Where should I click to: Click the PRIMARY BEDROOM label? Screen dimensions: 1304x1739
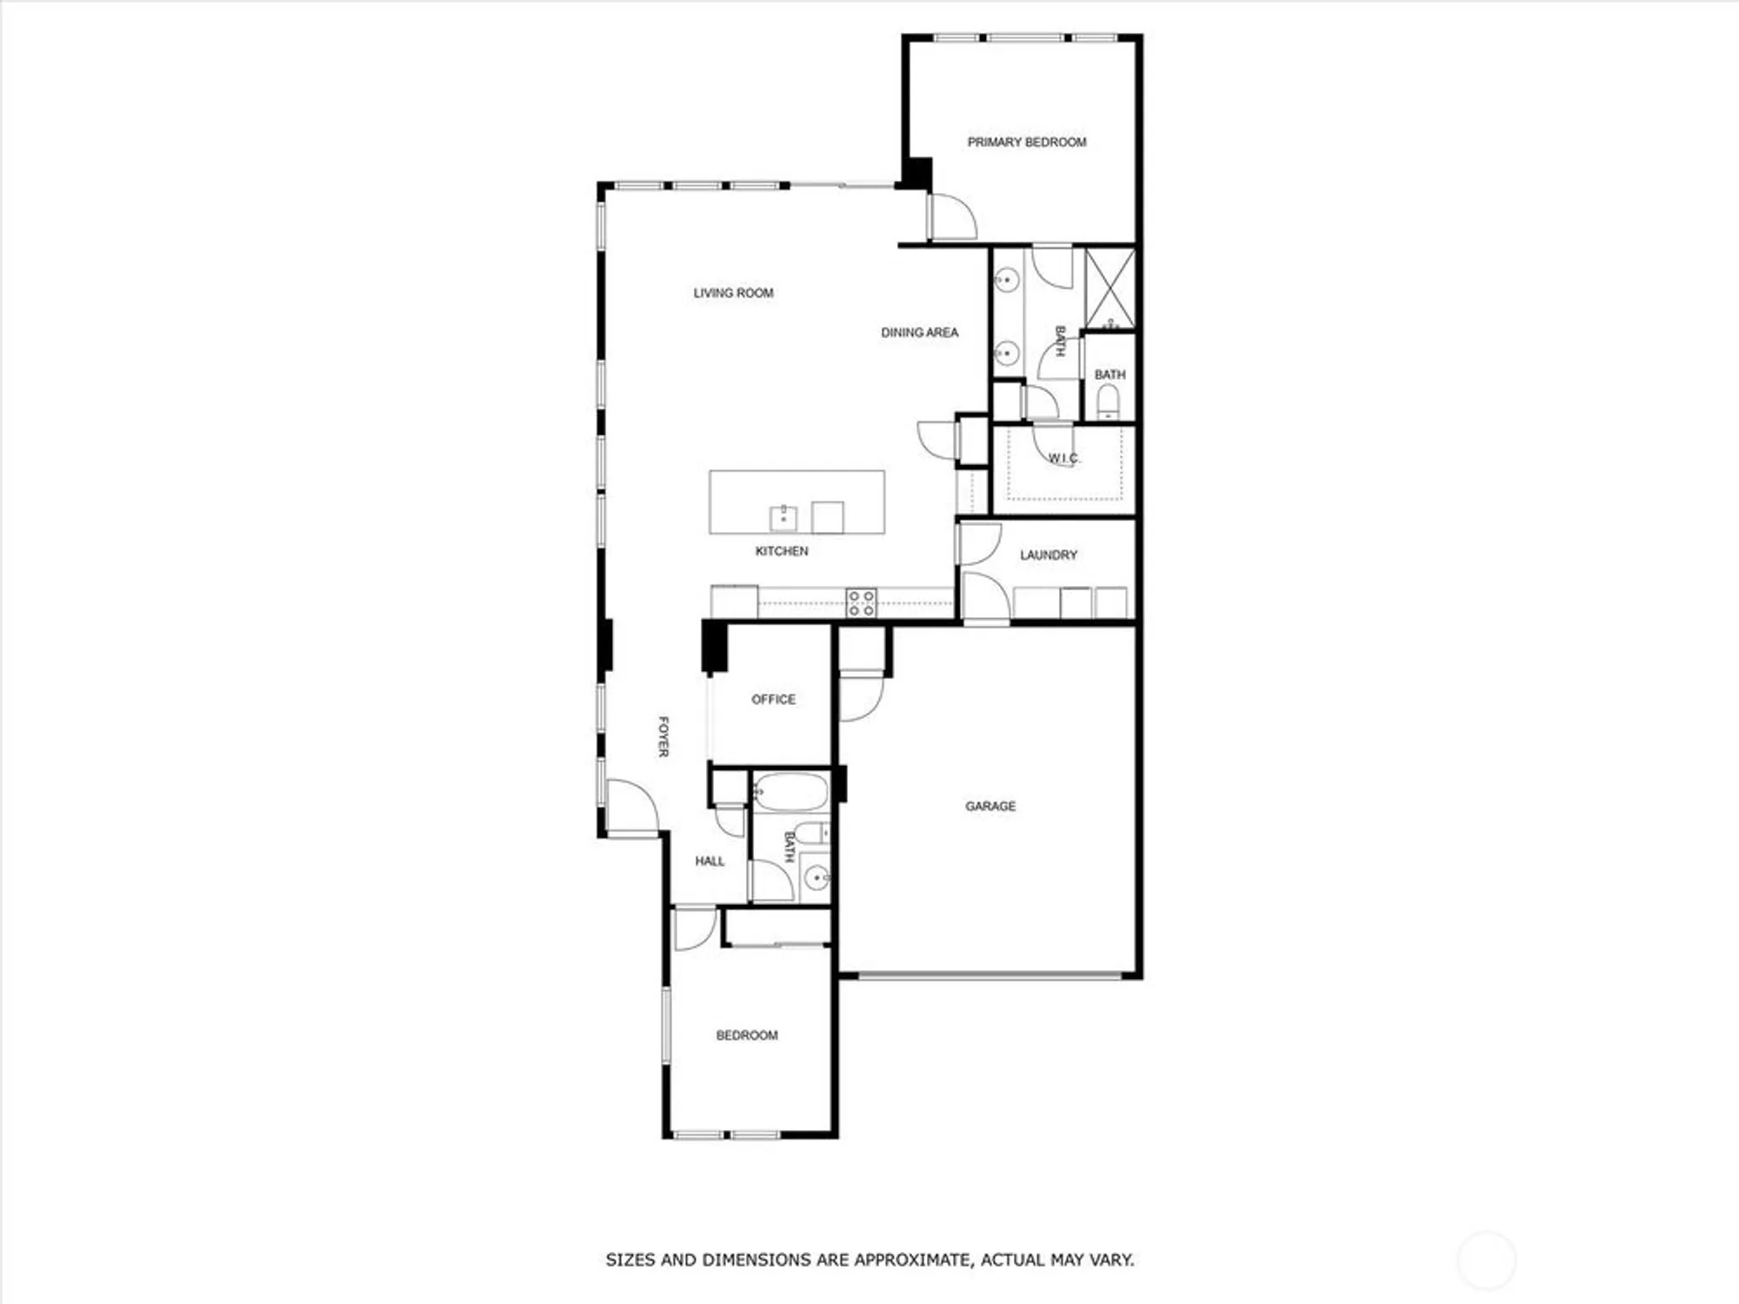click(1027, 142)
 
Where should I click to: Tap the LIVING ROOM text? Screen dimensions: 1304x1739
click(733, 293)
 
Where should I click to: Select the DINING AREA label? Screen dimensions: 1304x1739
click(919, 332)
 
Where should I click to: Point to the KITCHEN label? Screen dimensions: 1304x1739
click(782, 551)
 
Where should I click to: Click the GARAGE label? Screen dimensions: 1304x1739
click(990, 806)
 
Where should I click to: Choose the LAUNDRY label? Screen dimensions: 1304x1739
click(1049, 555)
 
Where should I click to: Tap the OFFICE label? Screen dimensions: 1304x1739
click(773, 699)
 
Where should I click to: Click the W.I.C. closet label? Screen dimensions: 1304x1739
click(1063, 458)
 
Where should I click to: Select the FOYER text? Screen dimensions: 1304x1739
click(663, 736)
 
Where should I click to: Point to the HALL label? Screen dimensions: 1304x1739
click(710, 862)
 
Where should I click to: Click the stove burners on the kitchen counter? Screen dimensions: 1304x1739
click(862, 602)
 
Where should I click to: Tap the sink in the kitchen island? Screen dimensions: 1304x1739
click(783, 518)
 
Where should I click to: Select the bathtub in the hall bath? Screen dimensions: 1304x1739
click(790, 792)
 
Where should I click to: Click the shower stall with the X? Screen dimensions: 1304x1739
click(1110, 289)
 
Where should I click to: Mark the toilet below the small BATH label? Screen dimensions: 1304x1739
click(1108, 402)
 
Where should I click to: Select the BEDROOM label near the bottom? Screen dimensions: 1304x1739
click(747, 1035)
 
